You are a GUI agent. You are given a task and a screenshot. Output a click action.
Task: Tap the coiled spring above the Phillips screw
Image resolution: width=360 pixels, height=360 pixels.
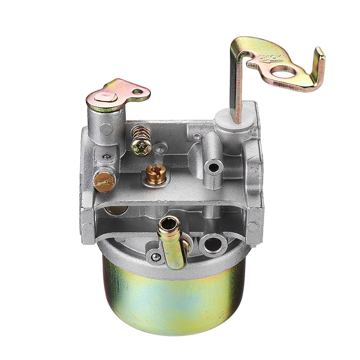pos(139,133)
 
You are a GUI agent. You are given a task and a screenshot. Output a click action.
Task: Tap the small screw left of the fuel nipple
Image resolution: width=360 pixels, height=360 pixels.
pos(156,257)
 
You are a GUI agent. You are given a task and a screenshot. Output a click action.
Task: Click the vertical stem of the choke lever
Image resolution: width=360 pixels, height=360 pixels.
pos(236,85)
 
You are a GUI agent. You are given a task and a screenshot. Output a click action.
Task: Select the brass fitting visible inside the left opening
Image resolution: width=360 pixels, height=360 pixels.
pos(116,210)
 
